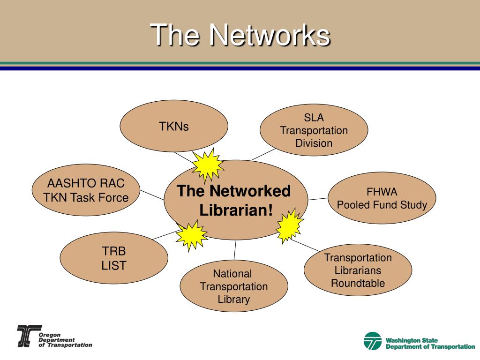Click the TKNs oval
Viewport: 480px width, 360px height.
coord(174,126)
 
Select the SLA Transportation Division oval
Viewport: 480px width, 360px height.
coord(314,130)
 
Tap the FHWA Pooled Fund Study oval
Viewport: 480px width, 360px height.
coord(382,198)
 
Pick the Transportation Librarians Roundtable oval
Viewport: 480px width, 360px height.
coord(358,270)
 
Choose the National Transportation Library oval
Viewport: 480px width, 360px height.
coord(233,286)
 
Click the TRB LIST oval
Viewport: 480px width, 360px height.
coord(114,258)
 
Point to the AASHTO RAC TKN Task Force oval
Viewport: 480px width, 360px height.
coord(86,191)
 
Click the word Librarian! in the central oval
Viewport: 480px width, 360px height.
coord(236,210)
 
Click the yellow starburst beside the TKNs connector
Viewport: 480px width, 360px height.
coord(206,165)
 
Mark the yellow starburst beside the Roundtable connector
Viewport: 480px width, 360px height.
coord(288,226)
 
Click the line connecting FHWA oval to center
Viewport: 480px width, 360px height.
coord(318,199)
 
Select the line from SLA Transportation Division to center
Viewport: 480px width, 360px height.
coord(263,154)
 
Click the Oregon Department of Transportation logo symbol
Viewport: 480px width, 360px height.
coord(27,336)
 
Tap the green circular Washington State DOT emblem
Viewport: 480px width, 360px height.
coord(373,341)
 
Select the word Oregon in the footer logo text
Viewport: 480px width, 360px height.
coord(46,335)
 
